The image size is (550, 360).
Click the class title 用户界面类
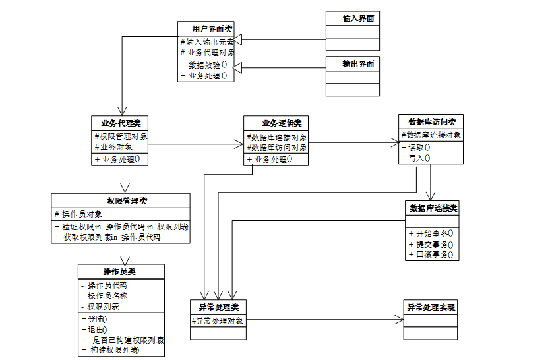click(x=212, y=29)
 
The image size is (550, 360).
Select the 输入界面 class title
click(x=358, y=18)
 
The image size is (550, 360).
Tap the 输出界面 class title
click(x=358, y=64)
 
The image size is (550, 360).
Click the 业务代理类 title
click(x=121, y=123)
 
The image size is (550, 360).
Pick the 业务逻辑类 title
click(x=282, y=123)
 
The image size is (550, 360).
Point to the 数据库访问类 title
click(x=432, y=121)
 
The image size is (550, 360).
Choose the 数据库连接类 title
click(x=433, y=208)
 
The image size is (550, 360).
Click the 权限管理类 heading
click(x=127, y=201)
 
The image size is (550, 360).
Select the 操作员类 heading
click(x=119, y=271)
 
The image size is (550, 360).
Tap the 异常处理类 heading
click(x=219, y=307)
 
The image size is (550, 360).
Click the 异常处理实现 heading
click(x=431, y=307)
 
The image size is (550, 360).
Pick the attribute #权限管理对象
click(x=121, y=136)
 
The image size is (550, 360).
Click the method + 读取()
click(x=415, y=148)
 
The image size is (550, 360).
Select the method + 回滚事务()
click(x=431, y=255)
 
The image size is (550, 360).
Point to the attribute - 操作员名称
click(x=104, y=296)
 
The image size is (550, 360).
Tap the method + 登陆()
click(x=94, y=319)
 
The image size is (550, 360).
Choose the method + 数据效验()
click(x=204, y=65)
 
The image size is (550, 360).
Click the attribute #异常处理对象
click(x=218, y=320)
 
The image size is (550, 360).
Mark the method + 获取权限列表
click(x=107, y=237)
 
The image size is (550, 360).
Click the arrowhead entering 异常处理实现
click(x=399, y=320)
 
